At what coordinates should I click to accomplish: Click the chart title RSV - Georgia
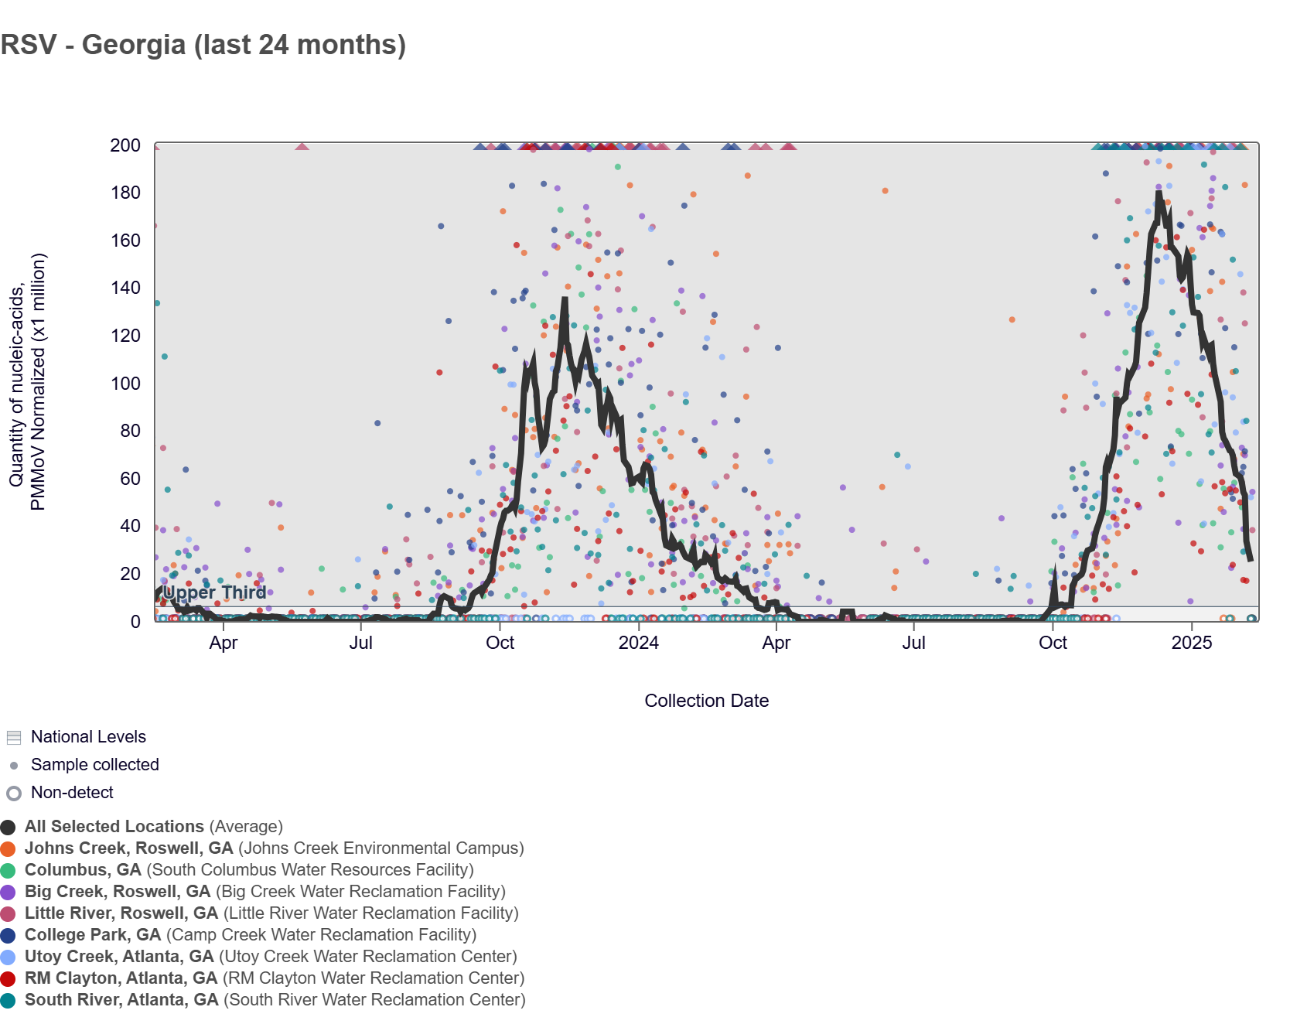point(203,45)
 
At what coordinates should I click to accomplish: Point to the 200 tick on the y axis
point(125,145)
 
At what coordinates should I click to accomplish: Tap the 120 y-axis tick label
point(125,336)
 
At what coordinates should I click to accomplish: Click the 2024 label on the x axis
point(638,643)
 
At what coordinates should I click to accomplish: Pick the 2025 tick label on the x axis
point(1191,643)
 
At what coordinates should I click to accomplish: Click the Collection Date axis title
point(706,701)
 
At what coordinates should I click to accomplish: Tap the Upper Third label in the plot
point(214,592)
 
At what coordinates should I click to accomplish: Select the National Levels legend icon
point(14,737)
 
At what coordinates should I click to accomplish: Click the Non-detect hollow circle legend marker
point(14,793)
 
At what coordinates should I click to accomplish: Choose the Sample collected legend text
point(94,765)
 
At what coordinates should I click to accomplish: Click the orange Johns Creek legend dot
point(9,848)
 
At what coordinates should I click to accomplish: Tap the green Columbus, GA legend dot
point(9,870)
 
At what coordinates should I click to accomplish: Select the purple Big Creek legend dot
point(9,892)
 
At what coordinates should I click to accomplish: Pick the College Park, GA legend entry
point(93,935)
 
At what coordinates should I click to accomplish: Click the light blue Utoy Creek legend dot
point(9,957)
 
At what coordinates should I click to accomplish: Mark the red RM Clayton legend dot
point(9,978)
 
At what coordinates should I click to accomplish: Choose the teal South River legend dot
point(9,1000)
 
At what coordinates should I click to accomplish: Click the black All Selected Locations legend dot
point(9,827)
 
